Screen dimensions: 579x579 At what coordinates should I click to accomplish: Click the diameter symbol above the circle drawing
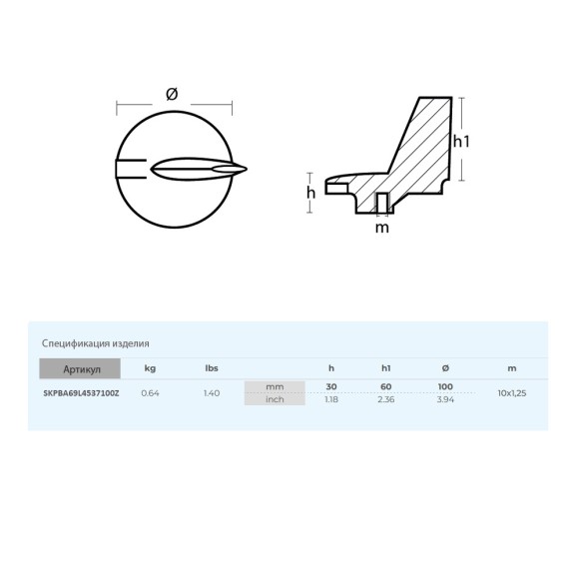tap(172, 94)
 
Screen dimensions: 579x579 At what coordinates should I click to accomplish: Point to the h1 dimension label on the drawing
tap(461, 142)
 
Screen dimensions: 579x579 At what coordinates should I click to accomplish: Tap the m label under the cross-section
tap(382, 228)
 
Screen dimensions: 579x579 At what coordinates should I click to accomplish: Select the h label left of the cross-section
tap(310, 193)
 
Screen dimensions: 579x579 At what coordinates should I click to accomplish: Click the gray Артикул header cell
tap(80, 368)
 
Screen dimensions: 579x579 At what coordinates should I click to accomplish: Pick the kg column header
tap(150, 368)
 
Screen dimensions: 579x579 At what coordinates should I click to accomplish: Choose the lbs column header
tap(212, 368)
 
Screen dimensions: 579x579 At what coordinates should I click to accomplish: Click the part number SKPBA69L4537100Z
tap(81, 393)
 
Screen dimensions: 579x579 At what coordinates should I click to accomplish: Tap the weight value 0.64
tap(151, 393)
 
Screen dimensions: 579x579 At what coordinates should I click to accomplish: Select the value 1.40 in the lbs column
tap(212, 393)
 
